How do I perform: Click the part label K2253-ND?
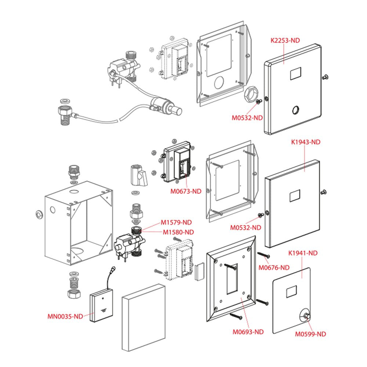[x=285, y=40]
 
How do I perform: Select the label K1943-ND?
[x=306, y=142]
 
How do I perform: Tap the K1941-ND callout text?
[x=303, y=253]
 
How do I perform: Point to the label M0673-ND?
[x=186, y=191]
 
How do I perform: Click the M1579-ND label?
[x=176, y=222]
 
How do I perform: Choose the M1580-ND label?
[x=178, y=232]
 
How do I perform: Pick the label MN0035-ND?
[x=65, y=316]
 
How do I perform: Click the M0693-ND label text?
[x=248, y=332]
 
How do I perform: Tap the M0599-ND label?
[x=310, y=334]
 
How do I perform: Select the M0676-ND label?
[x=274, y=268]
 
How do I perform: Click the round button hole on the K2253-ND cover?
[x=295, y=110]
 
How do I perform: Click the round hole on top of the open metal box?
[x=74, y=192]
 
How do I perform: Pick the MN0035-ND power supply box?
[x=101, y=305]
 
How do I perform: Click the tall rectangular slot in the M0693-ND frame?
[x=232, y=279]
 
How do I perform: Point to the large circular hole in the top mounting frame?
[x=219, y=82]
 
